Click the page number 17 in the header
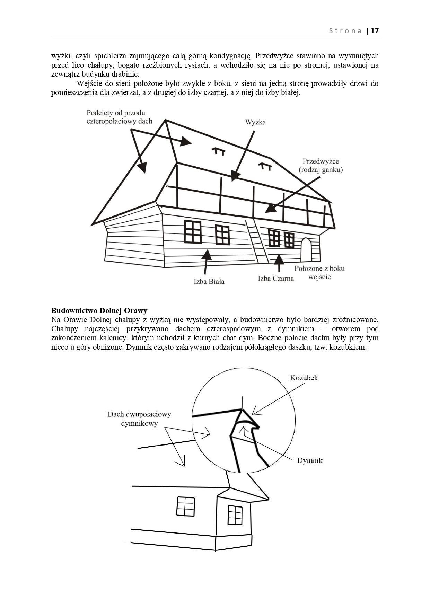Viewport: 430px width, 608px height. pyautogui.click(x=375, y=31)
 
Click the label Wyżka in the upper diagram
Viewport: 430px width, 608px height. pyautogui.click(x=255, y=122)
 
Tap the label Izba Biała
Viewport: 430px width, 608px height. pyautogui.click(x=209, y=281)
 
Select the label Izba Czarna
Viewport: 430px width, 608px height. pyautogui.click(x=276, y=279)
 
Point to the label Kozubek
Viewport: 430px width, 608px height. pyautogui.click(x=304, y=378)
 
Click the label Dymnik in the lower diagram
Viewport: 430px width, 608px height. pyautogui.click(x=310, y=460)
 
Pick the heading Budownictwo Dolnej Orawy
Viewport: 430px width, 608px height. pyautogui.click(x=99, y=310)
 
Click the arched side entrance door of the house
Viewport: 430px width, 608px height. pyautogui.click(x=306, y=250)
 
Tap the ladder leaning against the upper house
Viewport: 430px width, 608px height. pyautogui.click(x=256, y=241)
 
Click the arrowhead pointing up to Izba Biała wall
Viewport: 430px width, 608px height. pyautogui.click(x=207, y=255)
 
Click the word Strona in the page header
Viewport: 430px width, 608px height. pyautogui.click(x=345, y=31)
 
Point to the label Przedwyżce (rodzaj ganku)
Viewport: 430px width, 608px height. pyautogui.click(x=321, y=165)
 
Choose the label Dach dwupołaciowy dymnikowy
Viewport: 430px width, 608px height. pyautogui.click(x=139, y=418)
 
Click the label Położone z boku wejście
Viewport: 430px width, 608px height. pyautogui.click(x=319, y=273)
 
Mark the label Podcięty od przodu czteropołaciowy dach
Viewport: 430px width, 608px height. pyautogui.click(x=119, y=117)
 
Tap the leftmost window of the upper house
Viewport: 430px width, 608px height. pyautogui.click(x=193, y=232)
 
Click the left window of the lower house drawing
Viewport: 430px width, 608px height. pyautogui.click(x=185, y=506)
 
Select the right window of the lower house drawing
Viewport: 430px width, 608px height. pyautogui.click(x=235, y=515)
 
